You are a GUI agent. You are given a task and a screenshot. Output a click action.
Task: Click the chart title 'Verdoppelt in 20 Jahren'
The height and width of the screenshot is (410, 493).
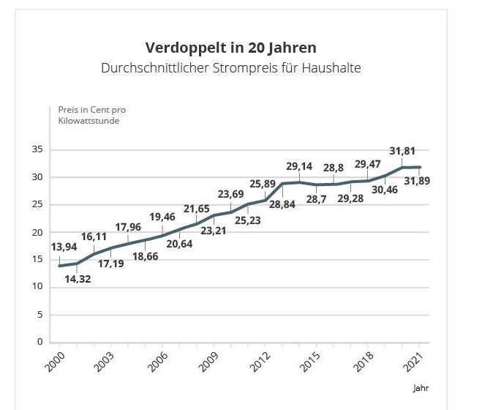click(231, 48)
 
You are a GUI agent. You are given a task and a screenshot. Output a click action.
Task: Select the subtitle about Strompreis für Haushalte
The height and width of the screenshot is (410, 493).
click(231, 68)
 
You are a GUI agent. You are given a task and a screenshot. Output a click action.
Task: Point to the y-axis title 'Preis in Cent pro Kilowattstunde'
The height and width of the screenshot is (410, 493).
click(91, 115)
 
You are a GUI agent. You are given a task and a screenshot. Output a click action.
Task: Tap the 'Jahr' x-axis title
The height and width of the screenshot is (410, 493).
click(421, 389)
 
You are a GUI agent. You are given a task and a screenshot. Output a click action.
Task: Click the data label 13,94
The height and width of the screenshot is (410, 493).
click(64, 247)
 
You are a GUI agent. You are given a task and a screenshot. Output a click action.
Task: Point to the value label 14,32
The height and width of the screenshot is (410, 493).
click(78, 279)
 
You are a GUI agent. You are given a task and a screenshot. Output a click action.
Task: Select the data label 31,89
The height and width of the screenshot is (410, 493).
click(416, 181)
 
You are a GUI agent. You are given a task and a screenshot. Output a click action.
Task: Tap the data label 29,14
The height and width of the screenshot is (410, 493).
click(298, 166)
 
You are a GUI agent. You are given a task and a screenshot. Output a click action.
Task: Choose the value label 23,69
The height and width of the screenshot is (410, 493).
click(231, 194)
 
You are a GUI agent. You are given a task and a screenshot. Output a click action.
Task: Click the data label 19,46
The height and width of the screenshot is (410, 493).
click(162, 217)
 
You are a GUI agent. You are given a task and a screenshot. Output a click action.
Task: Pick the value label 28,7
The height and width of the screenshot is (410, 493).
click(317, 199)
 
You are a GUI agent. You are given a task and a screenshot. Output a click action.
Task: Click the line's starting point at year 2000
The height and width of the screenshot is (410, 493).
click(60, 265)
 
